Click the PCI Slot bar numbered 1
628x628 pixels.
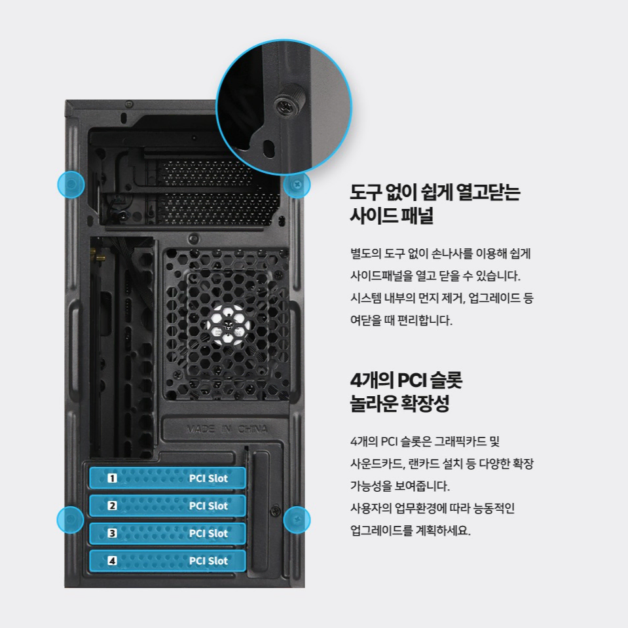click(x=168, y=478)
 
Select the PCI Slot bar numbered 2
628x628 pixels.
click(x=168, y=506)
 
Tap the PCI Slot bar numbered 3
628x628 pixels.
click(x=168, y=533)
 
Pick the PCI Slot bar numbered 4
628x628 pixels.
click(x=168, y=561)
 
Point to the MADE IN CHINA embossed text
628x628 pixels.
click(x=227, y=429)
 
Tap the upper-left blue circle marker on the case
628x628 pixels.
click(x=71, y=184)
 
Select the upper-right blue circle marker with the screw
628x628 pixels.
click(x=297, y=185)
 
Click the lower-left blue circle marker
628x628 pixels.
click(x=71, y=519)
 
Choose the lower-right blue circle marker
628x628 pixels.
click(x=297, y=520)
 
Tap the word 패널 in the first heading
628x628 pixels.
click(x=419, y=215)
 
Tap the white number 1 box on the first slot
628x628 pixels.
click(x=112, y=478)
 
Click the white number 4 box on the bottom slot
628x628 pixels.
click(x=112, y=561)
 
